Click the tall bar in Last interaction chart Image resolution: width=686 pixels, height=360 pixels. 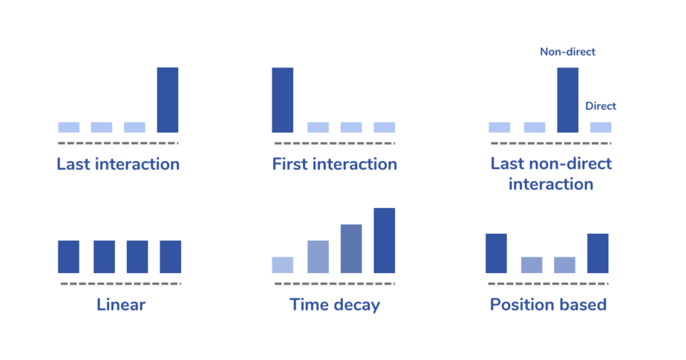167,100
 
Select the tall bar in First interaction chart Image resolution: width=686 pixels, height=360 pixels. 282,100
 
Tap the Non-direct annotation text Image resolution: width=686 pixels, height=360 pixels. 567,52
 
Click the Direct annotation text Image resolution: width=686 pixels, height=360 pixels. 600,106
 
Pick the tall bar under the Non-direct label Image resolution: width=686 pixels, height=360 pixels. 567,100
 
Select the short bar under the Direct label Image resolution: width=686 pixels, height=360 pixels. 601,128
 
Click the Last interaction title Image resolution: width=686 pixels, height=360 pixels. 118,164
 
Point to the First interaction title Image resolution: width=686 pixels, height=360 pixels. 334,164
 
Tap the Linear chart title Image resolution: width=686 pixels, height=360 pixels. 120,304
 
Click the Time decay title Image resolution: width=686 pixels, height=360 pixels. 334,304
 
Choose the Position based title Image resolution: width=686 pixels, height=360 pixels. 548,304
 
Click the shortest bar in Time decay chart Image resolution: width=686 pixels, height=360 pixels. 282,265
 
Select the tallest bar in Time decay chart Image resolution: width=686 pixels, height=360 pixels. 385,240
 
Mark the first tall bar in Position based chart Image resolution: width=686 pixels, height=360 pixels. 496,253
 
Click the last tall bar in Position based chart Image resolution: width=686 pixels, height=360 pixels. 598,253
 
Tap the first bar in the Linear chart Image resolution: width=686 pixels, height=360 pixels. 68,257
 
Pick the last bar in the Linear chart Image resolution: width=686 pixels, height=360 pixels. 170,257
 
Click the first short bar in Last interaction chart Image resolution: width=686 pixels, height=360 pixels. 68,127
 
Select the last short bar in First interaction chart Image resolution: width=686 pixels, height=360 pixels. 385,128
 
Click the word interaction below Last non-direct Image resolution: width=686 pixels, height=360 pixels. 550,184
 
